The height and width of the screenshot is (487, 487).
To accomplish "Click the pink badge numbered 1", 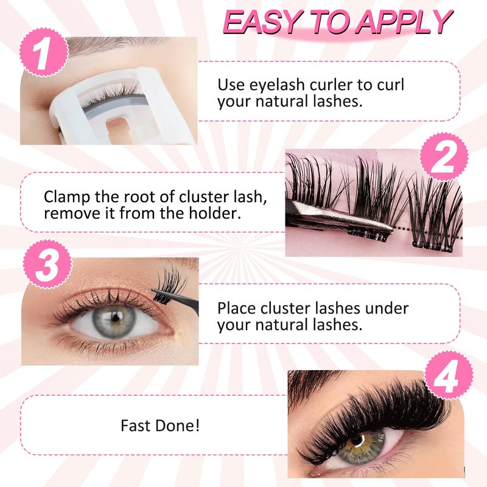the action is (44, 52).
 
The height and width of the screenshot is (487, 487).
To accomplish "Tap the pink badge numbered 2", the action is (444, 156).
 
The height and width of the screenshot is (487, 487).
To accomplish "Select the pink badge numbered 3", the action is (47, 265).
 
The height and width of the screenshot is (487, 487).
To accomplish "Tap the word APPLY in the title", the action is (404, 22).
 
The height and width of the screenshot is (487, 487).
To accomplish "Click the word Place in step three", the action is (237, 309).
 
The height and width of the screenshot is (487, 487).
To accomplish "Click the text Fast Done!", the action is (160, 426).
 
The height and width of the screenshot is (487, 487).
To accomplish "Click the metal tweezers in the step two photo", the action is (338, 220).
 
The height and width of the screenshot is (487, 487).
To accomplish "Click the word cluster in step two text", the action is (204, 197).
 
